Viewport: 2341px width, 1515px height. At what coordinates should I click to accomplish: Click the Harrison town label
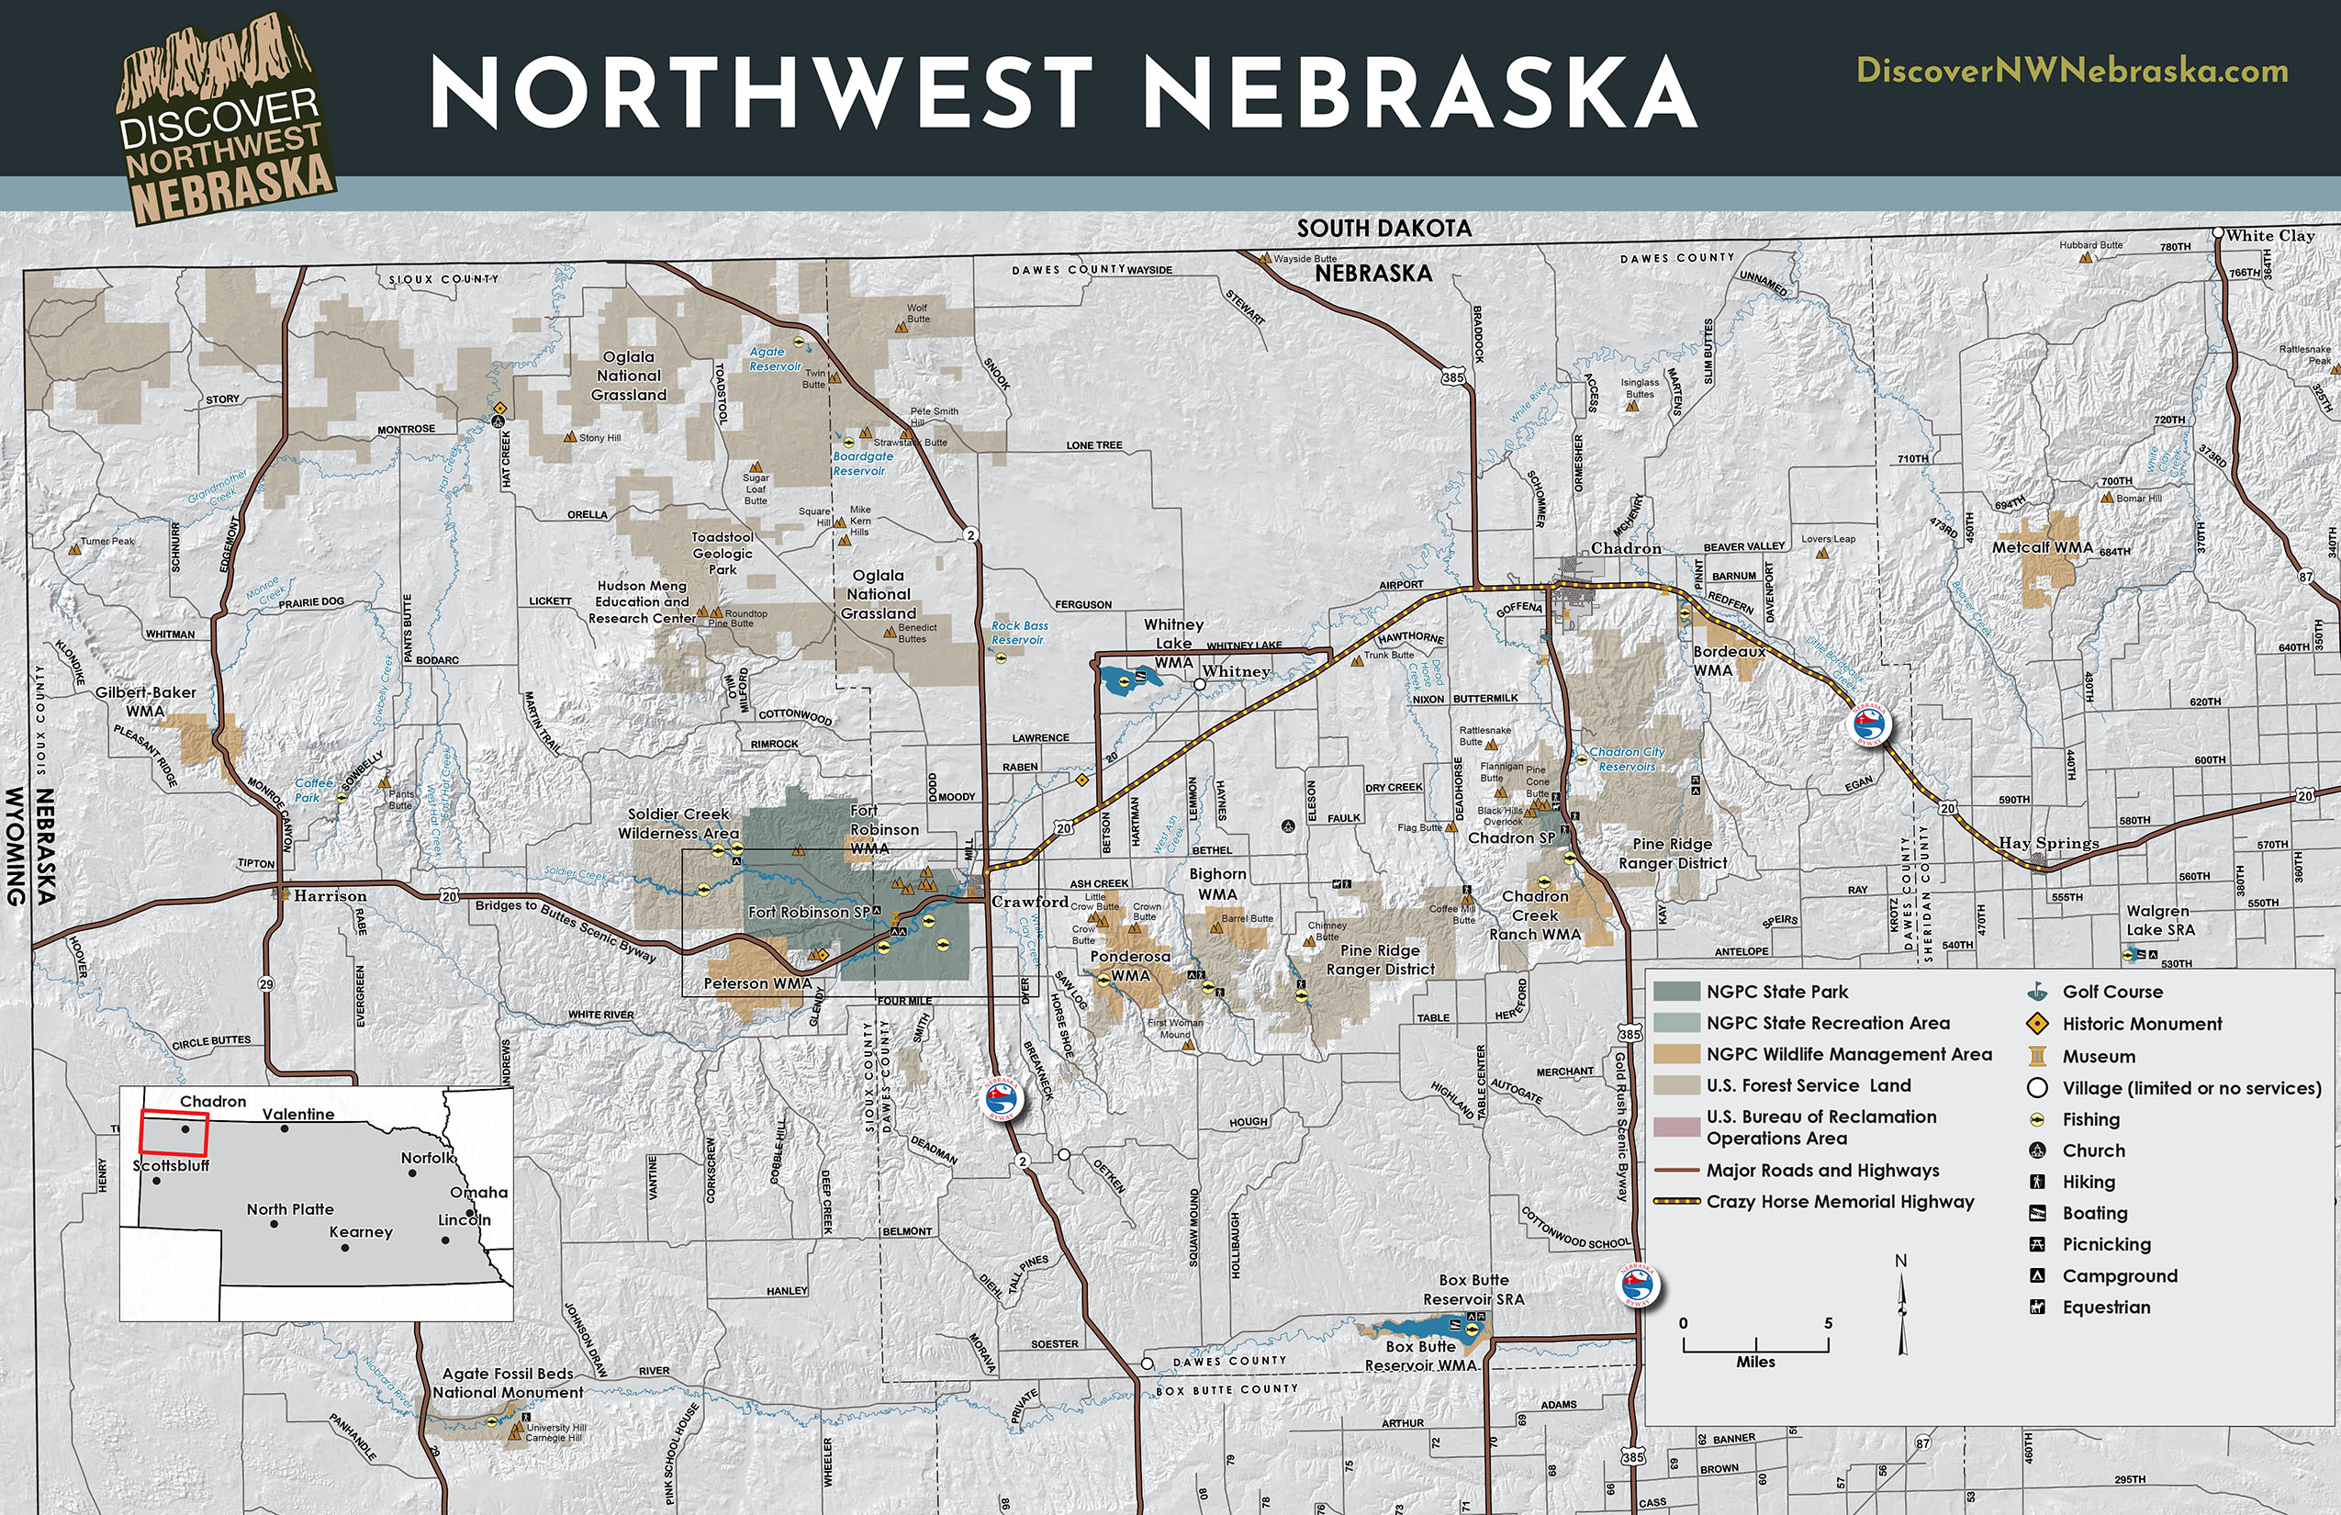[330, 896]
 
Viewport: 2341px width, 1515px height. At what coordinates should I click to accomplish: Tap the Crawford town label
[1030, 901]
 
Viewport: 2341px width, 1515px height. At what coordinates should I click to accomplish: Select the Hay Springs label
[2049, 843]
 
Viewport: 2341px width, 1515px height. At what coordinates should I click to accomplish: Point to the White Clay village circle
[2218, 234]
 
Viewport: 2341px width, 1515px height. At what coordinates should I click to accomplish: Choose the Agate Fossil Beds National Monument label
[508, 1383]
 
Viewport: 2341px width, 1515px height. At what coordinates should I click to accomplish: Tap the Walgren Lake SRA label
[2160, 920]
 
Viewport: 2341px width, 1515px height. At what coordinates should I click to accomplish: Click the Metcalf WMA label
[2042, 548]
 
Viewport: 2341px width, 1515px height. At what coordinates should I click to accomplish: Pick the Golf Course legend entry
[2111, 993]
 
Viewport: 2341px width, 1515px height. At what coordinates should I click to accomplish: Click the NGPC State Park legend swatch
[1676, 992]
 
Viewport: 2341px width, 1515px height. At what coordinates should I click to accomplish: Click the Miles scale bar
[1755, 1345]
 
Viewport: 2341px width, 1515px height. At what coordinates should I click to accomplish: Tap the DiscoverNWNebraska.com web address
[2071, 71]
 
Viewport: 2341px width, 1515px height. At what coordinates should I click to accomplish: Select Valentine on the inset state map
[298, 1115]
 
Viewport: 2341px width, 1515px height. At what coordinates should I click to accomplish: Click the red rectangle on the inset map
[174, 1132]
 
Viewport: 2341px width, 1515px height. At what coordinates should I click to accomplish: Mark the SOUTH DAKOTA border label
[1384, 230]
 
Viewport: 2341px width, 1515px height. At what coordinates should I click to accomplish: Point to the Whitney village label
[1236, 672]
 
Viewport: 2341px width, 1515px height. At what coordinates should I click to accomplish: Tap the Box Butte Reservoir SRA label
[1473, 1290]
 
